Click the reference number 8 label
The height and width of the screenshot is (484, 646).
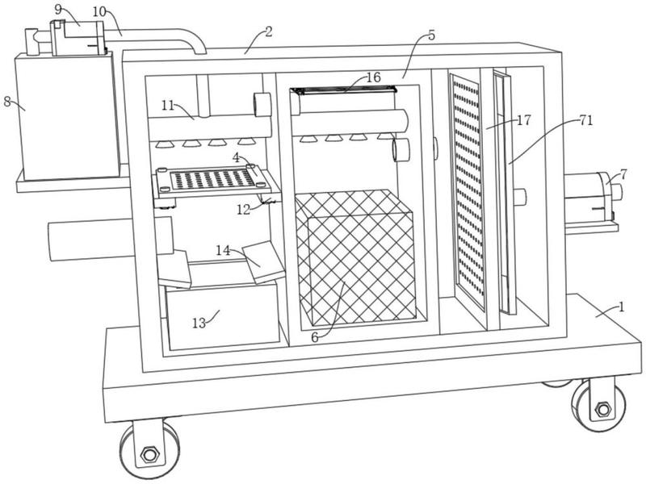coord(7,101)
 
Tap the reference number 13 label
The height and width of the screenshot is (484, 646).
coord(199,323)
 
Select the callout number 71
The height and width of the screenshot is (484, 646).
coord(586,120)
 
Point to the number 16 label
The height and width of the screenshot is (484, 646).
coord(374,77)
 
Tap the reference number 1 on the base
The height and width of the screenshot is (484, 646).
coord(622,307)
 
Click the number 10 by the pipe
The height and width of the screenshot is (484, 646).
coord(99,11)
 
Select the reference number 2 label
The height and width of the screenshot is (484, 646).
coord(269,32)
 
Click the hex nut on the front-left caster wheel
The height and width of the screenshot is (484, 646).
coord(149,454)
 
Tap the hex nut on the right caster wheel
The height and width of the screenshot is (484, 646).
coord(603,409)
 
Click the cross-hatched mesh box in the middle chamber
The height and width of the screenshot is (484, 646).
coord(355,257)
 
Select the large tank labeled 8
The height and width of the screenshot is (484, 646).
coord(68,117)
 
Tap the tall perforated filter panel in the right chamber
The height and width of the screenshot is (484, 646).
coord(468,191)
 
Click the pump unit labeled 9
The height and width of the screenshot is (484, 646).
coord(78,38)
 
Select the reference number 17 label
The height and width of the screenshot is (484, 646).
coord(524,120)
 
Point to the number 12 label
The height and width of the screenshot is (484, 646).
coord(244,210)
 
